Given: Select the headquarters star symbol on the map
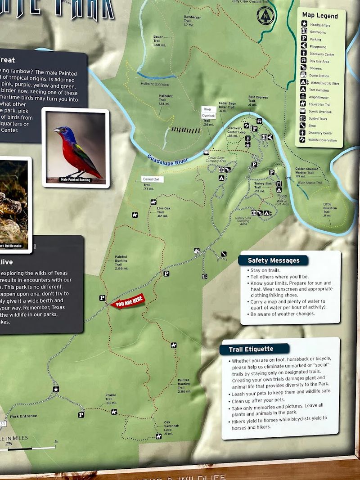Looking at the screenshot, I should (x=56, y=389).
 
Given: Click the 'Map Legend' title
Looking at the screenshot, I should (x=319, y=15).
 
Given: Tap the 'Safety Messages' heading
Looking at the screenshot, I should (x=273, y=260).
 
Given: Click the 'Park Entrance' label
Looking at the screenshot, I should (x=23, y=416).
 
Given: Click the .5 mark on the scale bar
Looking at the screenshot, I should (x=55, y=441).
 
